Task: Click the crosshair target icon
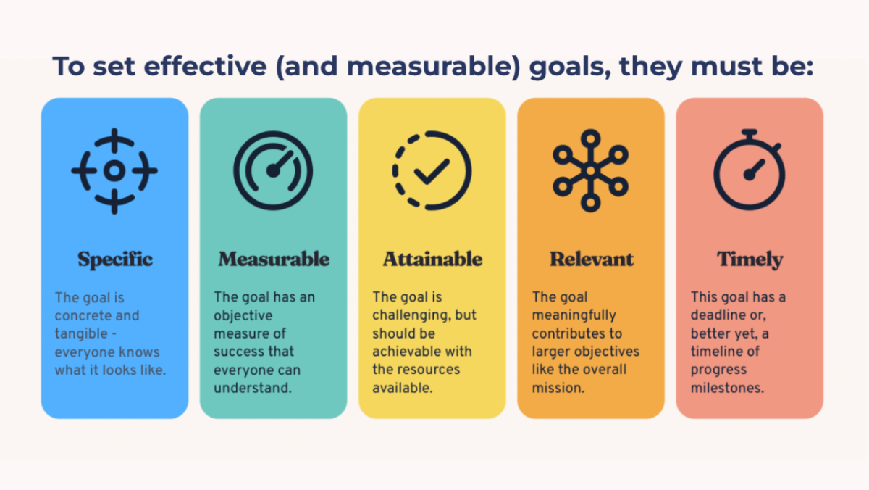point(114,171)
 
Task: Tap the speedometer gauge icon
point(273,171)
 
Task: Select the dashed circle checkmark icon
point(432,171)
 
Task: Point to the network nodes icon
point(590,171)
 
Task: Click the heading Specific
point(115,259)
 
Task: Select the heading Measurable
point(274,259)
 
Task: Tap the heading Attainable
point(432,259)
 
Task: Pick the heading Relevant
point(591,259)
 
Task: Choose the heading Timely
point(750,259)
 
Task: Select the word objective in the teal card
point(243,316)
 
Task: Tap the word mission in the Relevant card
point(558,388)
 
